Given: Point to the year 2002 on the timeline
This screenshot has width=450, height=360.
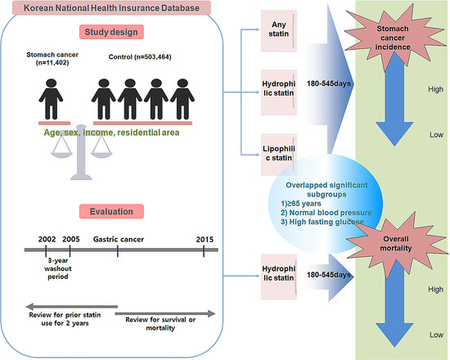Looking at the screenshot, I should (47, 238).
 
